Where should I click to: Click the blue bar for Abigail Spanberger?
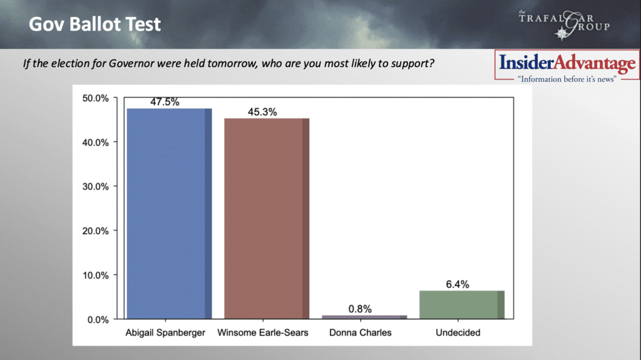pyautogui.click(x=169, y=213)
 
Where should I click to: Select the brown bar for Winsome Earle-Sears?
pyautogui.click(x=267, y=219)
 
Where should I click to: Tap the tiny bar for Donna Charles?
pyautogui.click(x=364, y=317)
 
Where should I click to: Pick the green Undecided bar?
pyautogui.click(x=462, y=305)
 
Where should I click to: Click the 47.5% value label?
pyautogui.click(x=165, y=102)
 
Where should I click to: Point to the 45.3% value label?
pyautogui.click(x=262, y=112)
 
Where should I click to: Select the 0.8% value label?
pyautogui.click(x=360, y=309)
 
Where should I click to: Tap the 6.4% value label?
pyautogui.click(x=458, y=284)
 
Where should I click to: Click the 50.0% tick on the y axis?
pyautogui.click(x=95, y=98)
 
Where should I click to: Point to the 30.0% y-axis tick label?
pyautogui.click(x=95, y=187)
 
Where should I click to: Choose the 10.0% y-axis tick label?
pyautogui.click(x=95, y=275)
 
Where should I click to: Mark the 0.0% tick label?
pyautogui.click(x=98, y=319)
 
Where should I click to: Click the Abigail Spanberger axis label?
pyautogui.click(x=165, y=332)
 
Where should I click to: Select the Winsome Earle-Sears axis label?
pyautogui.click(x=263, y=332)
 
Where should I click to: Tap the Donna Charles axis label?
pyautogui.click(x=360, y=332)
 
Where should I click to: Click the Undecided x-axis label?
pyautogui.click(x=458, y=332)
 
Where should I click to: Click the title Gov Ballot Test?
pyautogui.click(x=95, y=24)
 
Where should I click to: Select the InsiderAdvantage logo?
pyautogui.click(x=567, y=67)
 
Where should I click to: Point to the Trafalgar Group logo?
pyautogui.click(x=565, y=24)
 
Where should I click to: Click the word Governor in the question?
pyautogui.click(x=131, y=63)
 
